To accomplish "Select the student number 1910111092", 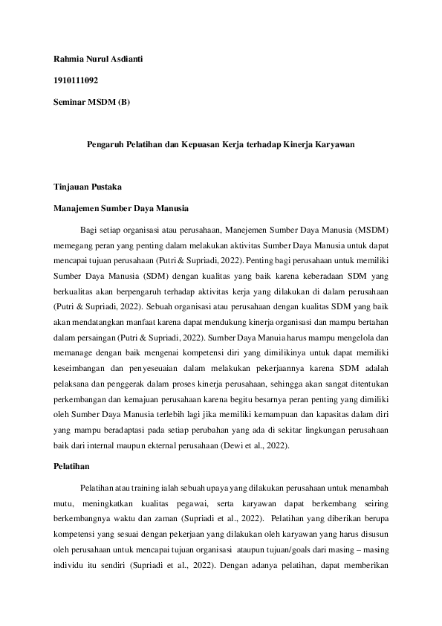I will click(76, 80).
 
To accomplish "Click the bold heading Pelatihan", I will click(71, 466).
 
